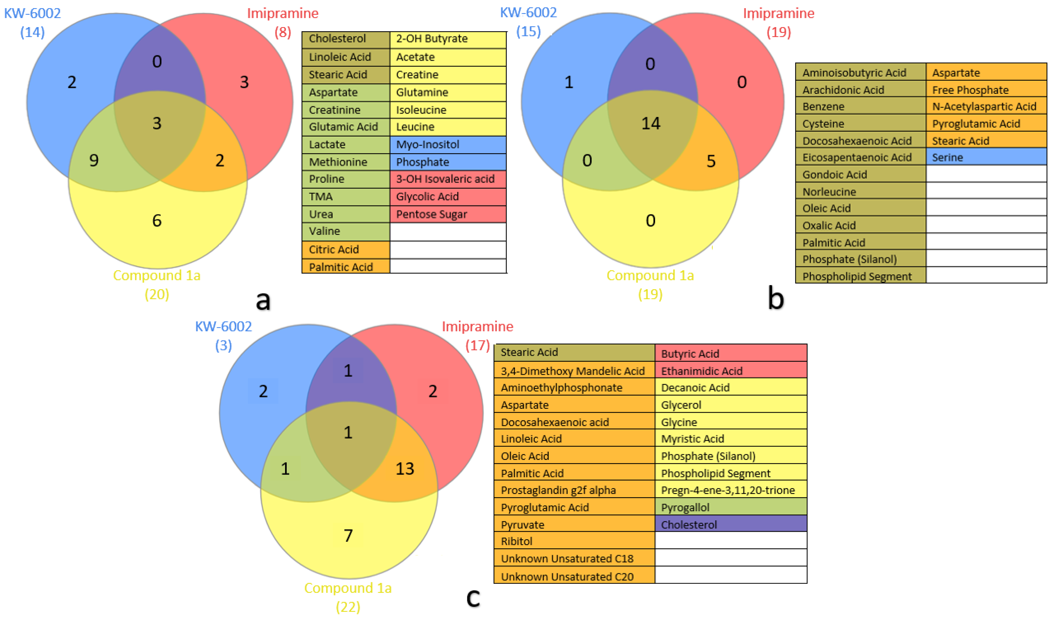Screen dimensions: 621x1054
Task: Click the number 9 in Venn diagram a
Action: (x=94, y=160)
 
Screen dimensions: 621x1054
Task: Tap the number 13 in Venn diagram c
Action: (x=405, y=469)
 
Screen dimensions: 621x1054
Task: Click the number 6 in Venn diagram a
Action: (x=157, y=220)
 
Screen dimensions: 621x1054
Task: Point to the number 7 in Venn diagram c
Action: (x=348, y=536)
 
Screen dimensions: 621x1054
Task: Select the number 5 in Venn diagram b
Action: (x=711, y=161)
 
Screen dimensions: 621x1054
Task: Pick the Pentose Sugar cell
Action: (x=448, y=214)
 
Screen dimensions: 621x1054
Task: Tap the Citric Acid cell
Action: (x=345, y=249)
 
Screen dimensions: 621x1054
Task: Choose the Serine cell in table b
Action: (x=986, y=157)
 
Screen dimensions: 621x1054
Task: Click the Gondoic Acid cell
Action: (x=860, y=175)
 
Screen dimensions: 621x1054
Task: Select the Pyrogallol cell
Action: (x=730, y=507)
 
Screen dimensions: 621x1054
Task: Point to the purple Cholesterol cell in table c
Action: (x=730, y=524)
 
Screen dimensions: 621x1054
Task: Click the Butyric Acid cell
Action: (x=730, y=354)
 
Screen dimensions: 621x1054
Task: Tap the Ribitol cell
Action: (x=574, y=541)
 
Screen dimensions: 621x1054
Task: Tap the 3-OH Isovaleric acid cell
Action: (x=448, y=179)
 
